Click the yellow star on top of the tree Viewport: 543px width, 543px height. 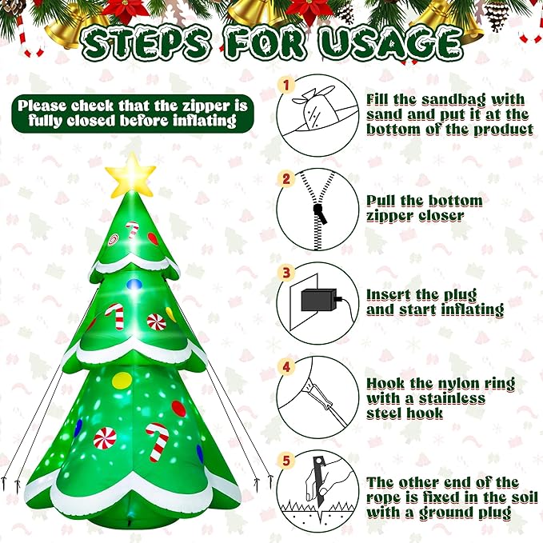pos(130,176)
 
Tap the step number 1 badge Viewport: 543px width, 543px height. pos(286,84)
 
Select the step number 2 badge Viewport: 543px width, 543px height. pos(286,178)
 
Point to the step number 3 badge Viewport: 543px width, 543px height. pos(286,273)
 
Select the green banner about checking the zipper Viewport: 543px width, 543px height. pos(133,113)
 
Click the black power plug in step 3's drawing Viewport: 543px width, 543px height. pos(317,299)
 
